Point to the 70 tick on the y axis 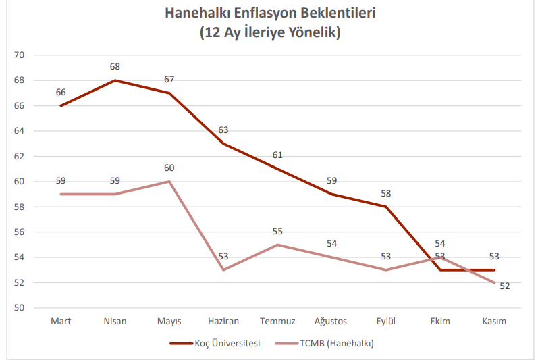(x=19, y=55)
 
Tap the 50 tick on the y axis (x=19, y=308)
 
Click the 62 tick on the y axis (x=19, y=156)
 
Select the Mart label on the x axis (x=61, y=321)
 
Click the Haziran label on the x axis (x=223, y=321)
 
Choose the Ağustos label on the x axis (x=331, y=321)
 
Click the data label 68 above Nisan (x=115, y=67)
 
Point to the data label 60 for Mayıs (x=169, y=168)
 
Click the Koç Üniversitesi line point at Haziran (x=223, y=143)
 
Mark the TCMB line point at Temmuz (x=277, y=245)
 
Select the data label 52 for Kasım (x=504, y=286)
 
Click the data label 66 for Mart (x=61, y=93)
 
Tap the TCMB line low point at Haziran (x=223, y=269)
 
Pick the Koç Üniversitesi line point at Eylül (x=386, y=207)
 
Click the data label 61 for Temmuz (x=277, y=155)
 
